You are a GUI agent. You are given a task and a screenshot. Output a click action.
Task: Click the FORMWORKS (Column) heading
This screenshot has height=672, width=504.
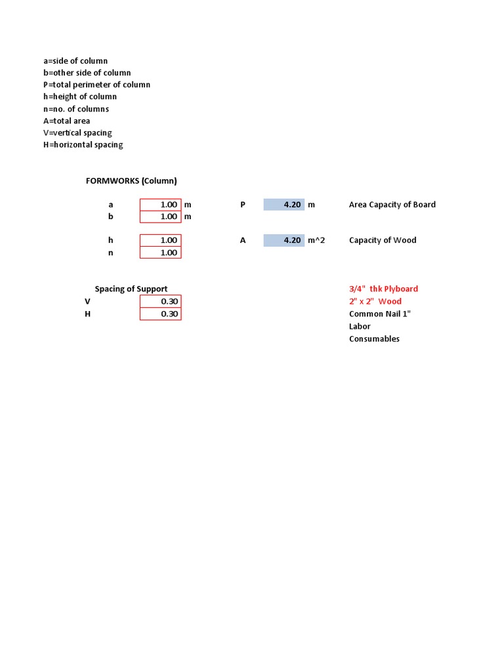click(131, 180)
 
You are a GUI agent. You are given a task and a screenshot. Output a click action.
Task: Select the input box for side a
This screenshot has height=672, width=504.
click(160, 205)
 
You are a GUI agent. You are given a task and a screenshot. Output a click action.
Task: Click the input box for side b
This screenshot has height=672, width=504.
click(160, 217)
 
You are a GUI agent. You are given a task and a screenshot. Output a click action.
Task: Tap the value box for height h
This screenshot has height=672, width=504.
click(160, 240)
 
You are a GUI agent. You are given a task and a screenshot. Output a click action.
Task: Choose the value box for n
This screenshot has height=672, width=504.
click(160, 253)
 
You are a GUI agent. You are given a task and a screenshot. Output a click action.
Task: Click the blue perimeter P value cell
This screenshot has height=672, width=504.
click(284, 205)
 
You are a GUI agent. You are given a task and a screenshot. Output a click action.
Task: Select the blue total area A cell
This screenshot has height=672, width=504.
click(284, 240)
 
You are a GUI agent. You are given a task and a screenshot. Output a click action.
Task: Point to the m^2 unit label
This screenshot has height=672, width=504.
click(316, 240)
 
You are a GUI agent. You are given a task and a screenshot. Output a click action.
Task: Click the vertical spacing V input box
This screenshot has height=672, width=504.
click(160, 301)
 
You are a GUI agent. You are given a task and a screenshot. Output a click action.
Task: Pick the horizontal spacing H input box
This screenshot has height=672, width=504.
click(160, 314)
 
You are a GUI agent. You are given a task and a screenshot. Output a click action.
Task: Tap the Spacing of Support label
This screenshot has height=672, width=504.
click(131, 289)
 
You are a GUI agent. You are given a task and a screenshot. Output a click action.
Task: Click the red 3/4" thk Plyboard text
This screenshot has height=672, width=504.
click(383, 289)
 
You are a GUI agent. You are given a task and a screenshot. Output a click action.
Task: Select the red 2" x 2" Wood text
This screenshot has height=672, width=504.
click(375, 301)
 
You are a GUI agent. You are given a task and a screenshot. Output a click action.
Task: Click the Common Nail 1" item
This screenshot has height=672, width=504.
click(379, 314)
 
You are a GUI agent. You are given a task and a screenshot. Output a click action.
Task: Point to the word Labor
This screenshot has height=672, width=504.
click(360, 326)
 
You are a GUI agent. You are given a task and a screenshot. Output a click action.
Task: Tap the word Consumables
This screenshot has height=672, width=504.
click(374, 339)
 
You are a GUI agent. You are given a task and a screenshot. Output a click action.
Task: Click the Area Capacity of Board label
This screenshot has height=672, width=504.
click(392, 205)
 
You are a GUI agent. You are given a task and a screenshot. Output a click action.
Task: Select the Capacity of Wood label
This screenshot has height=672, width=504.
click(383, 240)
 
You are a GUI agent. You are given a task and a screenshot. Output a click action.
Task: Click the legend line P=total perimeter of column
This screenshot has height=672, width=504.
click(96, 85)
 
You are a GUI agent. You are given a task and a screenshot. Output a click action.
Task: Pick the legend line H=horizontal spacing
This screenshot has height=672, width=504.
click(83, 144)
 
